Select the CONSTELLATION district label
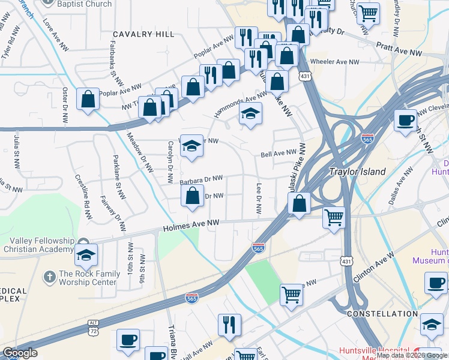coord(382,314)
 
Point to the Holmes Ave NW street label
coord(191,225)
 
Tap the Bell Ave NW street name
coord(279,154)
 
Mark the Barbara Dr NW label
coord(201,179)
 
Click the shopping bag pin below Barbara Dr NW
coord(191,196)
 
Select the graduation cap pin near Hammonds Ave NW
coord(250,113)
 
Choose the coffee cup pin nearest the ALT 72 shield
coord(128,340)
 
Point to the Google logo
coord(20,353)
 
